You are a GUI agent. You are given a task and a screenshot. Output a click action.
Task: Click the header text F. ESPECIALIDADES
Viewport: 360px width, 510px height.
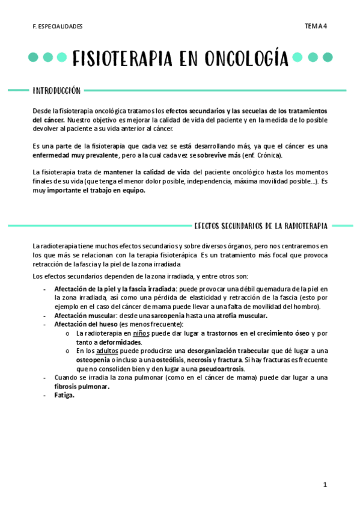58,26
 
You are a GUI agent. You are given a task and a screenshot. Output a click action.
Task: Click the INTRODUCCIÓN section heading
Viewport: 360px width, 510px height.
56,90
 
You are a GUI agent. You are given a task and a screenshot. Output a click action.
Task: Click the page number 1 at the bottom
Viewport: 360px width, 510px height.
325,484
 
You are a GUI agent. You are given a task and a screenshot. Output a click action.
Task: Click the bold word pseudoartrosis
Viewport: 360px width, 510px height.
222,368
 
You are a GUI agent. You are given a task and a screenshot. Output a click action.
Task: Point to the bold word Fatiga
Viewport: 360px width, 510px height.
64,396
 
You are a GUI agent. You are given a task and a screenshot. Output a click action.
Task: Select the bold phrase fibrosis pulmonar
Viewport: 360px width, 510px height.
82,387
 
